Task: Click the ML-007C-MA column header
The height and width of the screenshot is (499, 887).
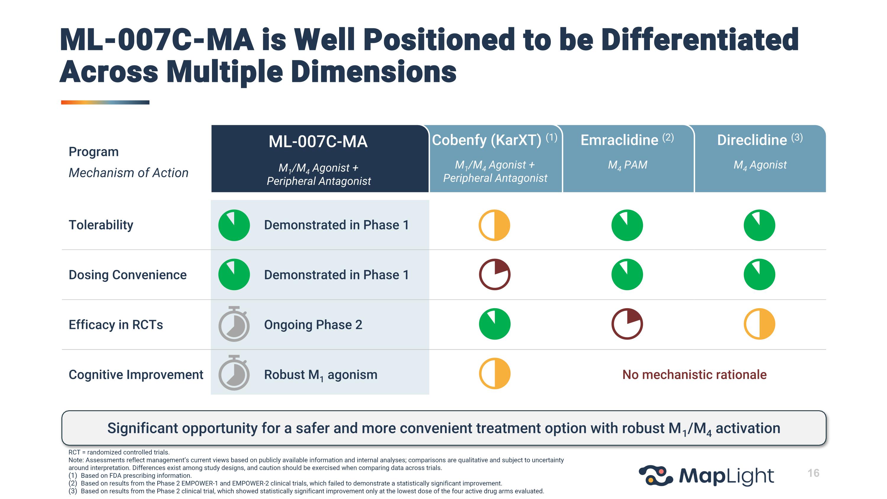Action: [318, 142]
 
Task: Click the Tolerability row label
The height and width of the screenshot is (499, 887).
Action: [101, 225]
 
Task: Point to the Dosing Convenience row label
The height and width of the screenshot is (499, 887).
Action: [127, 275]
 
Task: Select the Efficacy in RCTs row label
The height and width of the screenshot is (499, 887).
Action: [116, 325]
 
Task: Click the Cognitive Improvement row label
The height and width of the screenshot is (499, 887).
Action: [136, 375]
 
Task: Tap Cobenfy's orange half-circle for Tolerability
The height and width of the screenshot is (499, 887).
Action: [494, 225]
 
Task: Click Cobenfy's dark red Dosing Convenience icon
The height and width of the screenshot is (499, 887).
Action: [494, 274]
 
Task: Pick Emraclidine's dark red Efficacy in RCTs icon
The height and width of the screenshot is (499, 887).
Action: [627, 324]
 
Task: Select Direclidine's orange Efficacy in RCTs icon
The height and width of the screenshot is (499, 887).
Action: [759, 324]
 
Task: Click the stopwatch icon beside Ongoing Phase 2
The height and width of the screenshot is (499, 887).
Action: [234, 324]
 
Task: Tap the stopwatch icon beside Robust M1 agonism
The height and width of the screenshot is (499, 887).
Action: [234, 374]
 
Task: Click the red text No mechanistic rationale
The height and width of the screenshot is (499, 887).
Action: [694, 375]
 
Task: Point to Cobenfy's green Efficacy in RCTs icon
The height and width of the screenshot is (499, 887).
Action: [494, 324]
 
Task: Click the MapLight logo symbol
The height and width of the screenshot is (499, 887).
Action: [655, 476]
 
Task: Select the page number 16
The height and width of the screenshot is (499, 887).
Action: [813, 473]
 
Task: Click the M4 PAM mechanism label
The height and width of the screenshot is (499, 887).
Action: [627, 165]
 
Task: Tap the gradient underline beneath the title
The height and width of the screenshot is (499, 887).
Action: [105, 102]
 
